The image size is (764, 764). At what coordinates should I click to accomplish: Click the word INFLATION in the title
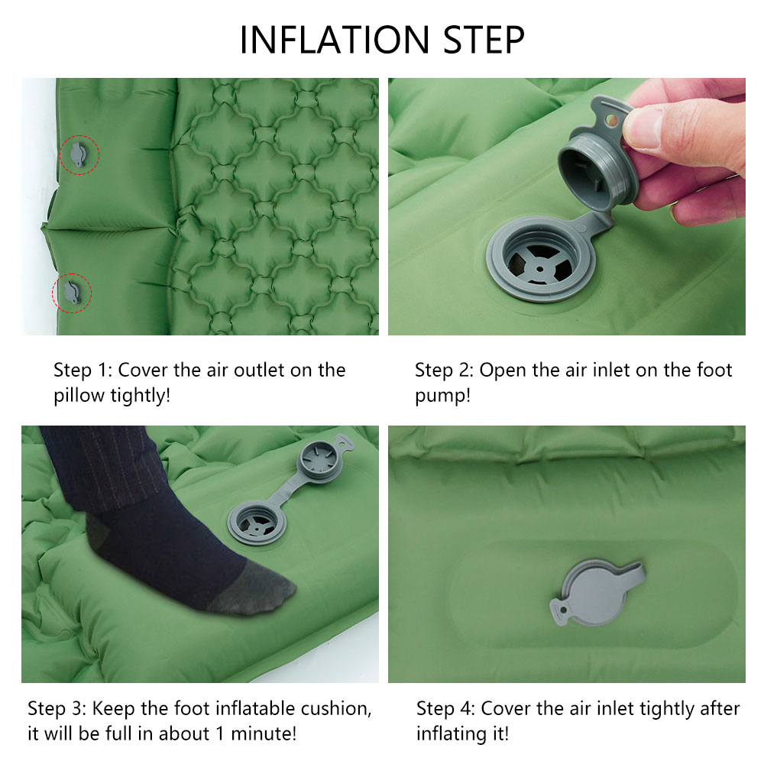pyautogui.click(x=335, y=40)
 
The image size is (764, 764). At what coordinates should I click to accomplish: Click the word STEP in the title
pyautogui.click(x=484, y=40)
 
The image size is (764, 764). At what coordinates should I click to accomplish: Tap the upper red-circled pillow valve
pyautogui.click(x=78, y=154)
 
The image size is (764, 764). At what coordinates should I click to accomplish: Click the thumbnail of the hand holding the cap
pyautogui.click(x=567, y=206)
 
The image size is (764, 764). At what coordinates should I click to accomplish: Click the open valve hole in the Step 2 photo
pyautogui.click(x=540, y=259)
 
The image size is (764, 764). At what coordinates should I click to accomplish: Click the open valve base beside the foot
pyautogui.click(x=257, y=523)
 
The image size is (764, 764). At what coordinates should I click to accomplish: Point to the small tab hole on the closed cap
pyautogui.click(x=563, y=610)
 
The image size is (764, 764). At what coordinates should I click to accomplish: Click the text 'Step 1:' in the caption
pyautogui.click(x=83, y=371)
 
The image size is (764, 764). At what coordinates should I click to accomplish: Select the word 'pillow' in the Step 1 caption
pyautogui.click(x=79, y=396)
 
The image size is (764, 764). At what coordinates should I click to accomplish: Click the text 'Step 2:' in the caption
pyautogui.click(x=445, y=371)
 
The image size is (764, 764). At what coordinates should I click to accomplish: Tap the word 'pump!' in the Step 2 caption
pyautogui.click(x=443, y=396)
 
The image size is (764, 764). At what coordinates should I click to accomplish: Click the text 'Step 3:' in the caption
pyautogui.click(x=57, y=708)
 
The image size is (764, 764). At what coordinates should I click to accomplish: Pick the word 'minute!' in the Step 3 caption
pyautogui.click(x=264, y=733)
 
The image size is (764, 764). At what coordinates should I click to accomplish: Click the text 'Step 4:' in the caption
pyautogui.click(x=446, y=708)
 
